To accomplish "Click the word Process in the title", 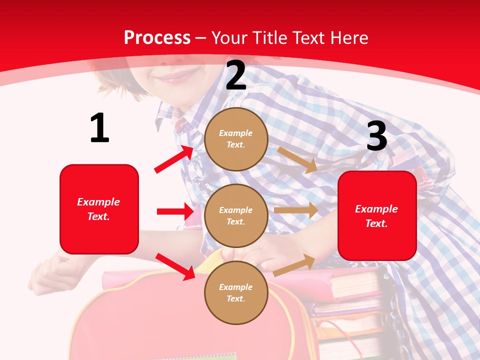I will click(x=157, y=38).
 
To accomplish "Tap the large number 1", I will click(x=99, y=128).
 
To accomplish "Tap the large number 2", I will click(x=236, y=76).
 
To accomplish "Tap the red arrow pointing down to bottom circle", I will click(x=175, y=266).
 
